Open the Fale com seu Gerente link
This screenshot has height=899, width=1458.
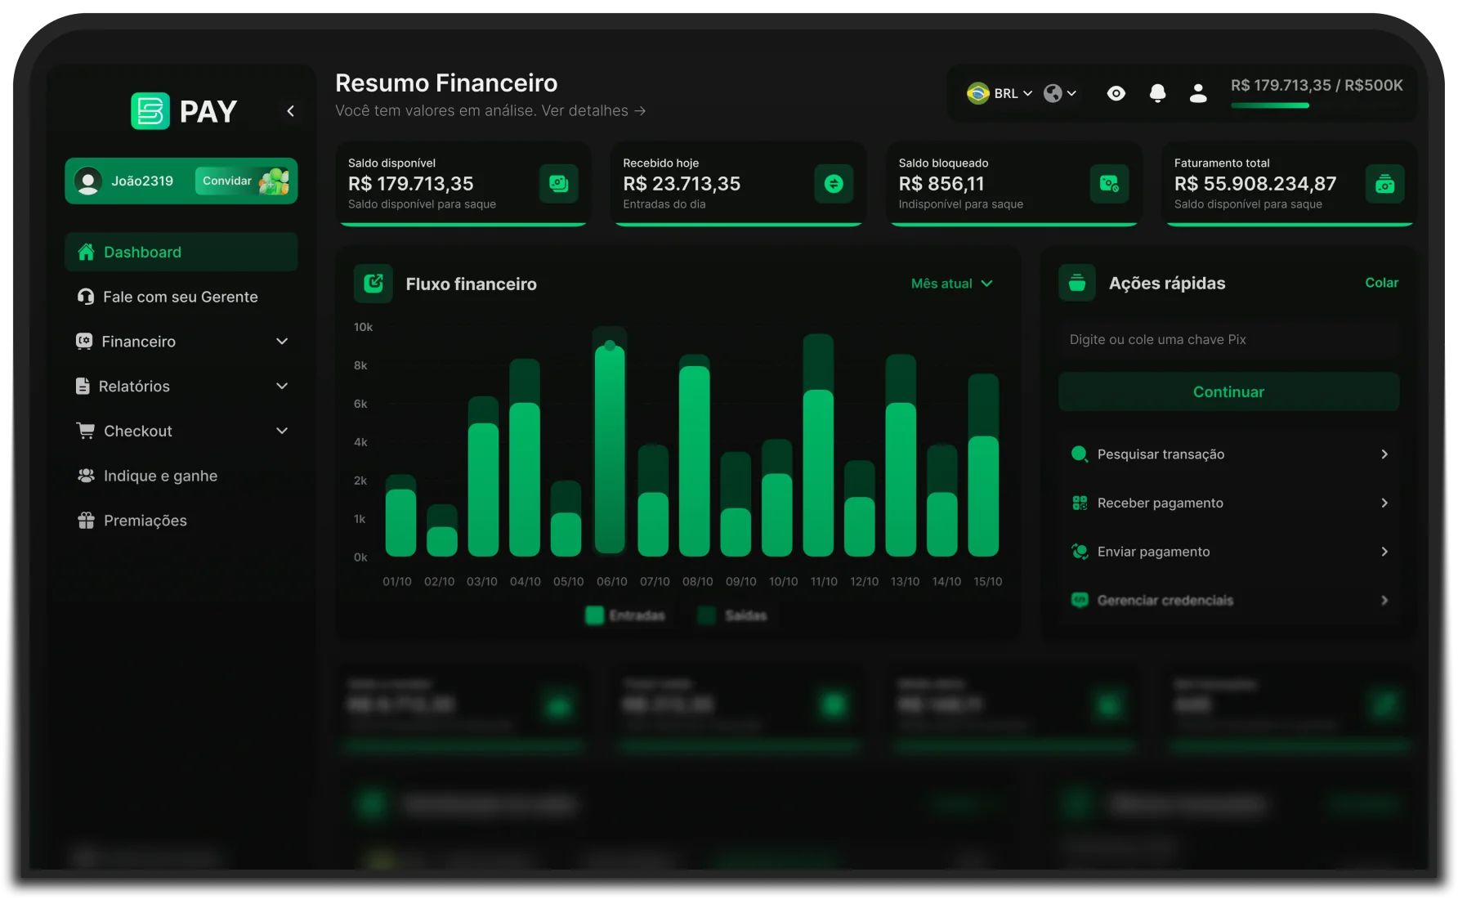click(x=180, y=297)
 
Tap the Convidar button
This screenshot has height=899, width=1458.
click(x=227, y=181)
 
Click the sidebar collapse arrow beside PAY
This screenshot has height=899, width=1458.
click(x=290, y=111)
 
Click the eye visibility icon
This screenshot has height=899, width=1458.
click(x=1116, y=94)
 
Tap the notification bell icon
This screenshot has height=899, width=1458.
click(x=1157, y=94)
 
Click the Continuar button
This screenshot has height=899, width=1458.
click(x=1228, y=391)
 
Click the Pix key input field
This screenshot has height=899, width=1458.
click(x=1228, y=339)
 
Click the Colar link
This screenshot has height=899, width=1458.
click(x=1381, y=283)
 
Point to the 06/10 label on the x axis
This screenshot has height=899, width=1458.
click(x=611, y=582)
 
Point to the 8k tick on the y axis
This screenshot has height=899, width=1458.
click(x=360, y=365)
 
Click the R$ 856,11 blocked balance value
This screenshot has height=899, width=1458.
click(x=941, y=184)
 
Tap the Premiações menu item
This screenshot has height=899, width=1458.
click(x=145, y=521)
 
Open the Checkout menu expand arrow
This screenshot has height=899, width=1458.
click(x=282, y=431)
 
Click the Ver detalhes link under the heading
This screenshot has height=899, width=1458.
click(x=593, y=110)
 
